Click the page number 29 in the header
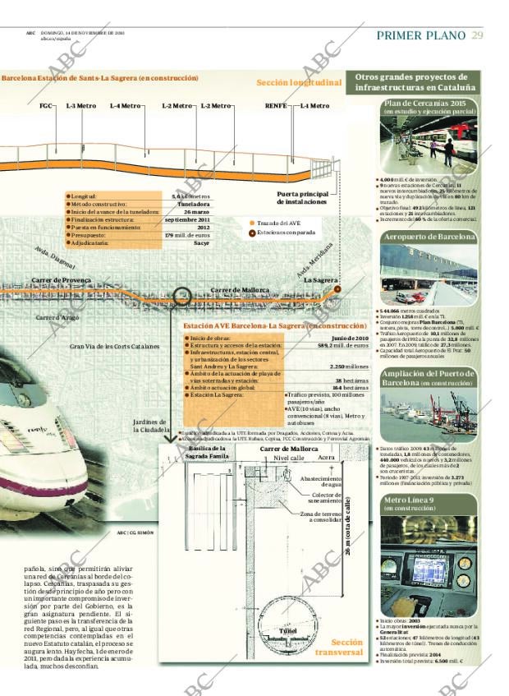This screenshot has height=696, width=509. tap(477, 35)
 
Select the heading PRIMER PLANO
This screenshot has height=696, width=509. tap(421, 35)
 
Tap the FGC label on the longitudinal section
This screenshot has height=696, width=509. tap(46, 106)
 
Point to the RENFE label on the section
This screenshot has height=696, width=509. tap(276, 106)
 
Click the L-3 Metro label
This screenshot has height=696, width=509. tap(80, 106)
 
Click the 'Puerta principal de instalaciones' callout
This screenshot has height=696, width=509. tap(302, 197)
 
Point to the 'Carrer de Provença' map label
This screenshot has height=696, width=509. tap(62, 280)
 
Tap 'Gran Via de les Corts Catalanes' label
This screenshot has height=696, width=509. tap(114, 346)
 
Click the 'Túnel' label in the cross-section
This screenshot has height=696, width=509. tap(288, 630)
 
